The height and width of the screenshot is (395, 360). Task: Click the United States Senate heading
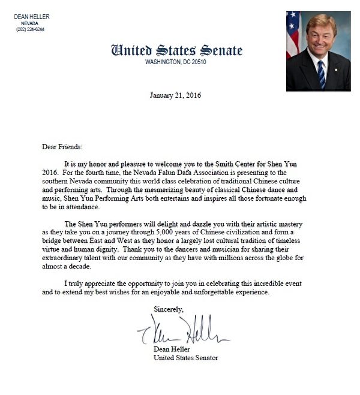coord(176,50)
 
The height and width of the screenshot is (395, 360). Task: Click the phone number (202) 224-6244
coord(29,29)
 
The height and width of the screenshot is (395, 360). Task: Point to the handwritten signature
coord(183,330)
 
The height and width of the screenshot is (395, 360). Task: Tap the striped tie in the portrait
coord(321,71)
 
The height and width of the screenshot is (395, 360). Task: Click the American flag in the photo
coord(292,33)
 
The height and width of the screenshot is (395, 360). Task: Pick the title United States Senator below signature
coord(186,358)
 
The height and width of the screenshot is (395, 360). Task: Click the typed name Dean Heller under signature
coord(173,349)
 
